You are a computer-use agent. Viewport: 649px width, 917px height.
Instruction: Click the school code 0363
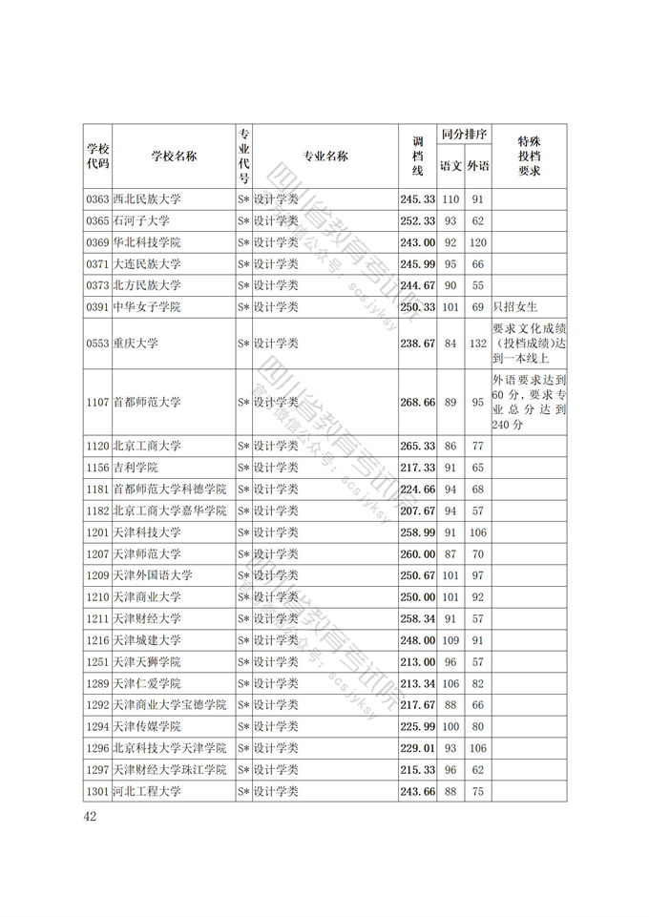[97, 199]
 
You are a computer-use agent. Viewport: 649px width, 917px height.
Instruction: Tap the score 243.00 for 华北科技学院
[418, 242]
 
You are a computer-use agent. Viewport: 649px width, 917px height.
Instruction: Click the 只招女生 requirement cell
[516, 307]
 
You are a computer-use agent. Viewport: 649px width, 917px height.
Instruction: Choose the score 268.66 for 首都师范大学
[418, 403]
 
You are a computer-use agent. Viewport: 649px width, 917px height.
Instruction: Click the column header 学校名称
[174, 156]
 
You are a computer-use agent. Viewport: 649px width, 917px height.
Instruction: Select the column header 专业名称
[325, 156]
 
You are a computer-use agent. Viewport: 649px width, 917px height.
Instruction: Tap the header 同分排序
[464, 135]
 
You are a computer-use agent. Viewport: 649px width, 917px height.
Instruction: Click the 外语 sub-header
[478, 166]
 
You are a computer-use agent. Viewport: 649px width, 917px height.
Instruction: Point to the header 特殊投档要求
[530, 156]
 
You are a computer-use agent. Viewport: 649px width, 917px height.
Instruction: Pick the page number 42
[91, 816]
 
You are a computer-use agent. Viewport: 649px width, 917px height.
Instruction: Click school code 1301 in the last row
[97, 791]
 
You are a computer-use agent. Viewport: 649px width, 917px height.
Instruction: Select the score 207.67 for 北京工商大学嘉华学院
[418, 511]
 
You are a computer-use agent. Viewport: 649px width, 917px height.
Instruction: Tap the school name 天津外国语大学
[153, 575]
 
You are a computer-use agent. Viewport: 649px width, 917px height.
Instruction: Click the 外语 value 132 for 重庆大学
[478, 344]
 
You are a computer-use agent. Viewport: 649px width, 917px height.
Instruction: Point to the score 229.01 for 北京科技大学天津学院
[418, 748]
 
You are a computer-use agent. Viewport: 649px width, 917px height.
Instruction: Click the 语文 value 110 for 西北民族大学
[450, 199]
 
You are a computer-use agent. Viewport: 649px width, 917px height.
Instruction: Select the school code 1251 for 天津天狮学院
[97, 662]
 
